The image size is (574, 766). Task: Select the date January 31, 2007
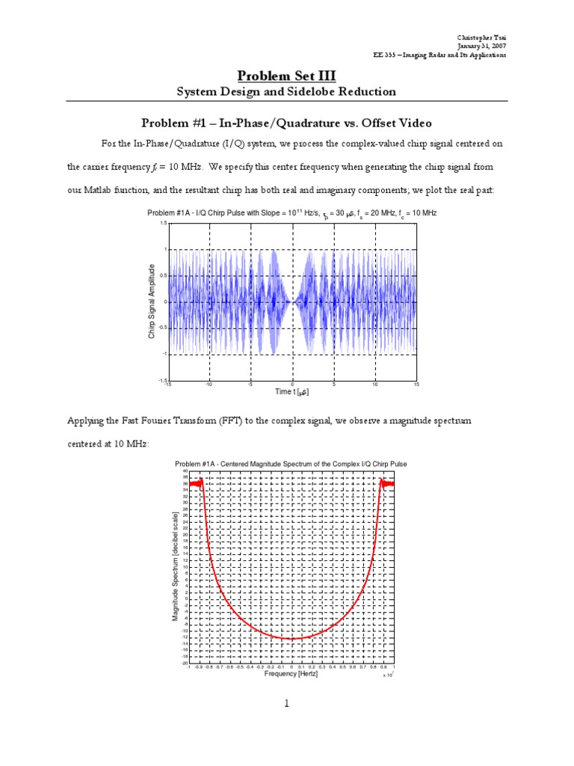pyautogui.click(x=486, y=46)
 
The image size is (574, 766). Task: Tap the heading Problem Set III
pyautogui.click(x=286, y=76)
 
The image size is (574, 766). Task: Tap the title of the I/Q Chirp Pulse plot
pyautogui.click(x=292, y=213)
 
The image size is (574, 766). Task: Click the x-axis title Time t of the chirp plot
pyautogui.click(x=292, y=392)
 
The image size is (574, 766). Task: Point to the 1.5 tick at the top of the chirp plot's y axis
pyautogui.click(x=164, y=224)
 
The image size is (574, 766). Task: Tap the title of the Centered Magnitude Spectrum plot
pyautogui.click(x=291, y=464)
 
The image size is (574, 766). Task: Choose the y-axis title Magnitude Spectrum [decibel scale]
pyautogui.click(x=176, y=566)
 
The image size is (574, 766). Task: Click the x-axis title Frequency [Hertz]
pyautogui.click(x=291, y=673)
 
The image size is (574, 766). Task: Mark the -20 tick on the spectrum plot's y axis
pyautogui.click(x=184, y=663)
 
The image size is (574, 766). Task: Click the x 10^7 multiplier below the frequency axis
pyautogui.click(x=387, y=675)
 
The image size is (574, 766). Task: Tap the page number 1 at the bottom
pyautogui.click(x=287, y=703)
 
